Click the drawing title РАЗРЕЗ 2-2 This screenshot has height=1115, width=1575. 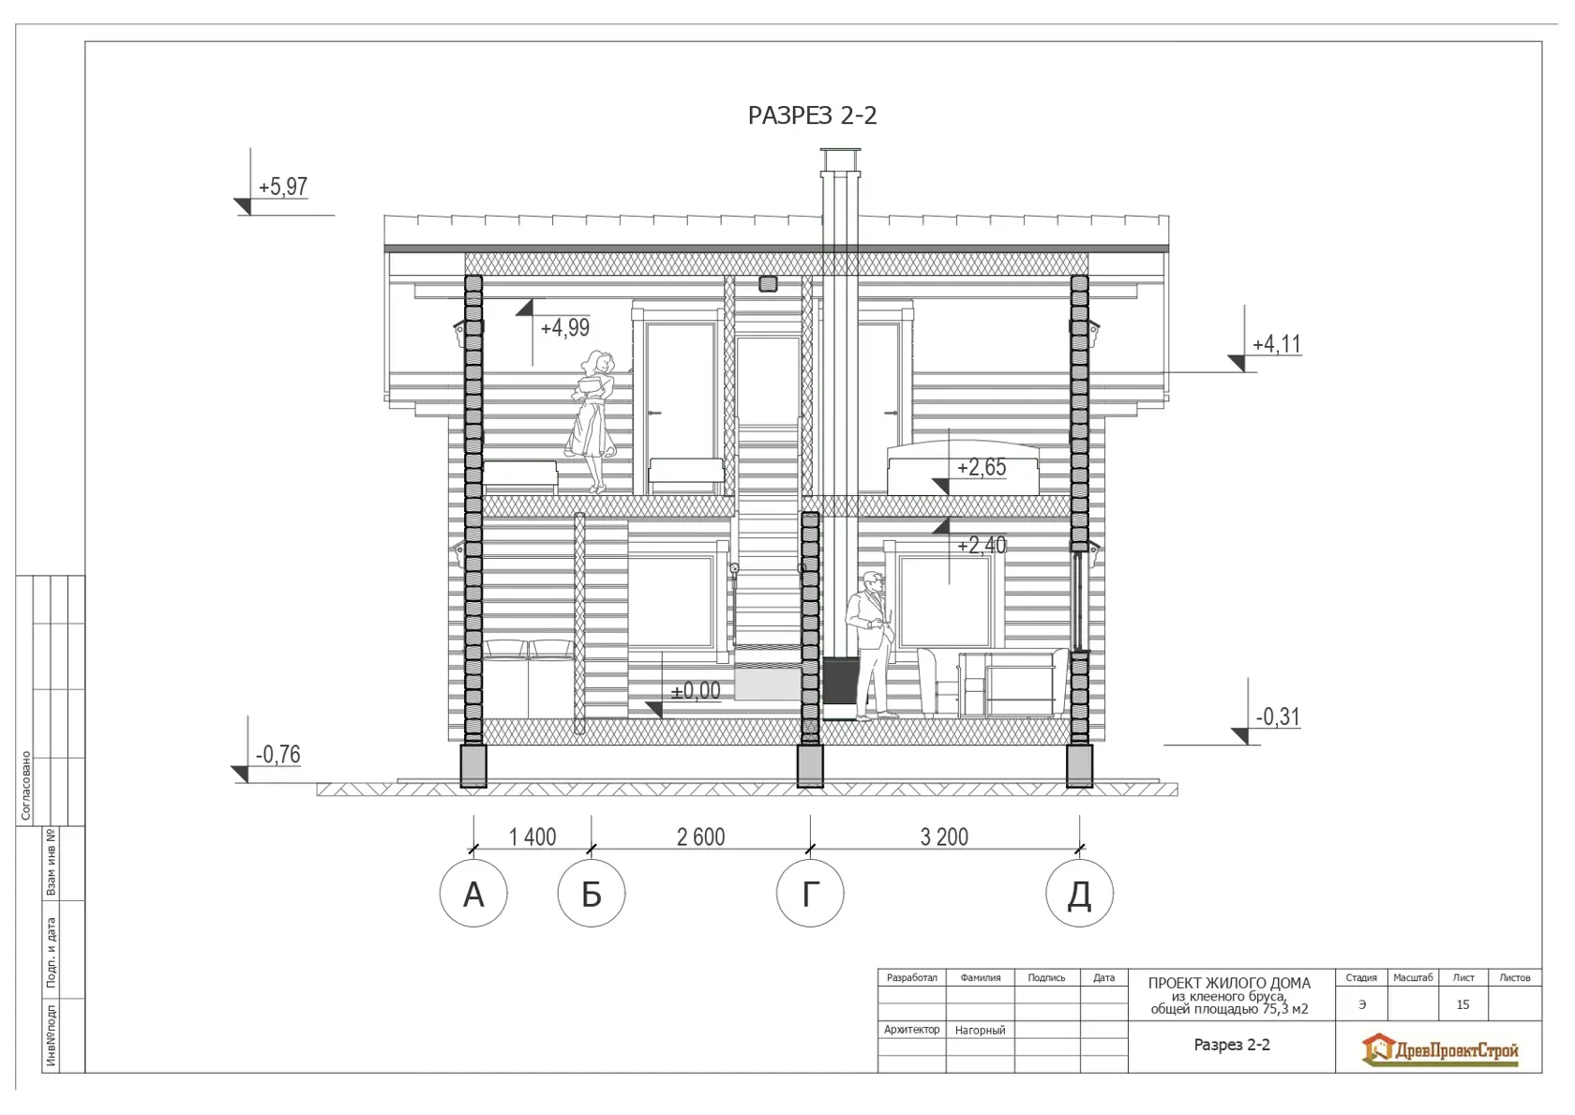pos(812,115)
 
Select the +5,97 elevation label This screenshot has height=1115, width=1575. pos(283,187)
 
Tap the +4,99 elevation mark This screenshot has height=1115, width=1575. pos(564,328)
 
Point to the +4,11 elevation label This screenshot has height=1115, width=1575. pos(1277,344)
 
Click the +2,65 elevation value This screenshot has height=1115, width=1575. pos(982,467)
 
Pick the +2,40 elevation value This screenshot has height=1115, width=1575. pos(982,545)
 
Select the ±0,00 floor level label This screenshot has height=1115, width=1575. pos(696,691)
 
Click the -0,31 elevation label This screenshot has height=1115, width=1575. pos(1278,716)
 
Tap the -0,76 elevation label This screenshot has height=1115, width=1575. pos(277,755)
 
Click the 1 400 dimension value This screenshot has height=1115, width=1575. pos(532,837)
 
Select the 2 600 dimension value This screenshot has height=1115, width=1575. pos(700,837)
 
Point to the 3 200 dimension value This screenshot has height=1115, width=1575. pos(944,837)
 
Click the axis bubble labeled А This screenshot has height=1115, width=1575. pos(473,893)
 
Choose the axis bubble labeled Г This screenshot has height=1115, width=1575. pos(810,893)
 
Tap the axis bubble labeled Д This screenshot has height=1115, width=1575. pos(1079,893)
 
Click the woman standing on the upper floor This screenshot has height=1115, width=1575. pos(592,422)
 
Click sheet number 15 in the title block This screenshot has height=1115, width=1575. pos(1462,1004)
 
